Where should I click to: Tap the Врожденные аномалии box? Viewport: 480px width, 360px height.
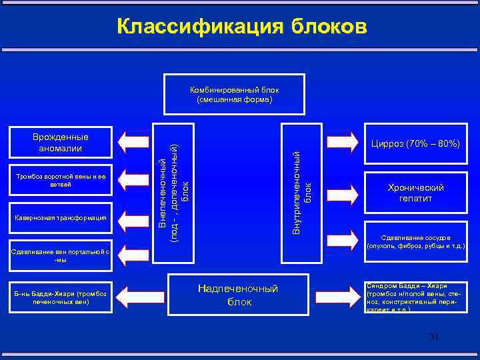(61, 142)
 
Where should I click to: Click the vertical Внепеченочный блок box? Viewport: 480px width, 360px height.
(173, 182)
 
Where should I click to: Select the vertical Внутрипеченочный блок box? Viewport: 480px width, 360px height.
(303, 182)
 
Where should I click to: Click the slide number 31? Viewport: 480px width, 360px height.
(434, 337)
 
